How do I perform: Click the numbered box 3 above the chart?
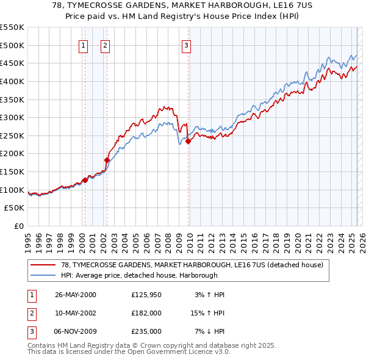(x=186, y=45)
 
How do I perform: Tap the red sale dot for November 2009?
(x=188, y=141)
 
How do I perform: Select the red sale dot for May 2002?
(x=107, y=160)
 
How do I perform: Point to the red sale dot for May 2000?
(x=85, y=180)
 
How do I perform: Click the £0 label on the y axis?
(x=18, y=226)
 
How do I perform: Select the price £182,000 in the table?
(x=146, y=313)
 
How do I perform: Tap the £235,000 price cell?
(x=146, y=331)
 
